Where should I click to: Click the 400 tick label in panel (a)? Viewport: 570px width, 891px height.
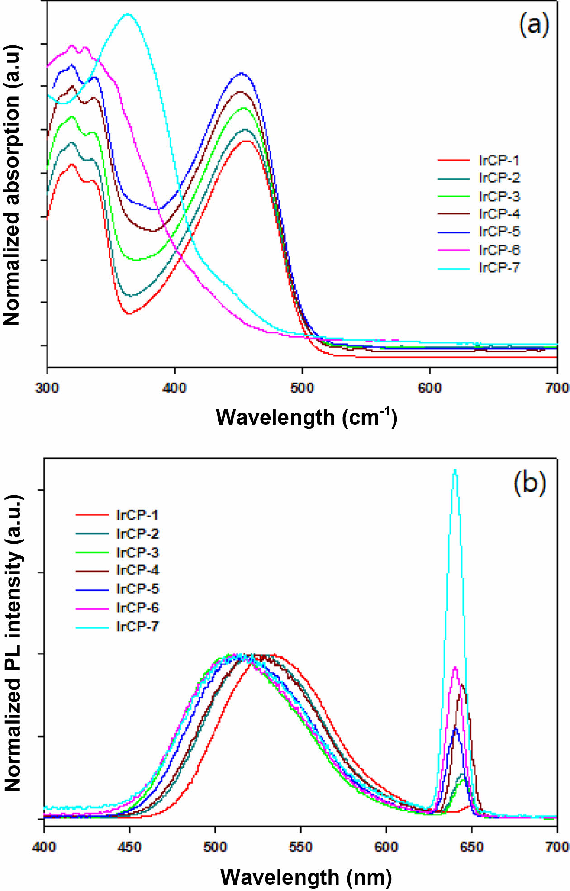(x=175, y=388)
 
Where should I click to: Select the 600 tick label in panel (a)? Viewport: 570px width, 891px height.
(x=429, y=388)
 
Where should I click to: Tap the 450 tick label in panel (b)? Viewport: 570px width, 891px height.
(x=129, y=846)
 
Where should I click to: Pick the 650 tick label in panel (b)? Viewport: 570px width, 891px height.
(x=472, y=846)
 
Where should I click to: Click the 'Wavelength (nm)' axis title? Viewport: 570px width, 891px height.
(x=306, y=877)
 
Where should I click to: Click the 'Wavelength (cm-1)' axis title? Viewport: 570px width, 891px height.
(x=306, y=417)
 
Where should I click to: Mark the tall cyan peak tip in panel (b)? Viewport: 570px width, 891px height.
(x=455, y=470)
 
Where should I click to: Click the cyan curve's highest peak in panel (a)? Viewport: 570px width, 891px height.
(x=128, y=14)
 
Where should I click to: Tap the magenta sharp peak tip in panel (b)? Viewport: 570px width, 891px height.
(x=455, y=667)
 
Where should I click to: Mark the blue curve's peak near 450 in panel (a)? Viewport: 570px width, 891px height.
(x=242, y=73)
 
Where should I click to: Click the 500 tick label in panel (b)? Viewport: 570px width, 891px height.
(x=215, y=846)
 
